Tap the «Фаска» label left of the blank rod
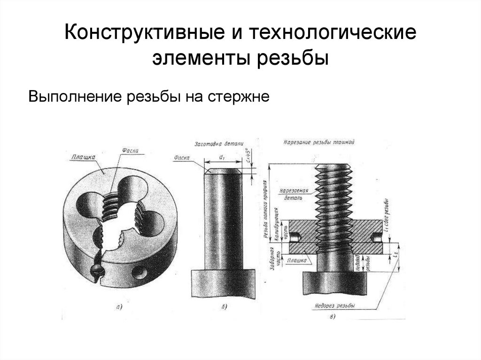(x=181, y=158)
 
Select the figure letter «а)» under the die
(x=119, y=307)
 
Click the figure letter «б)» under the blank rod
(x=224, y=307)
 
